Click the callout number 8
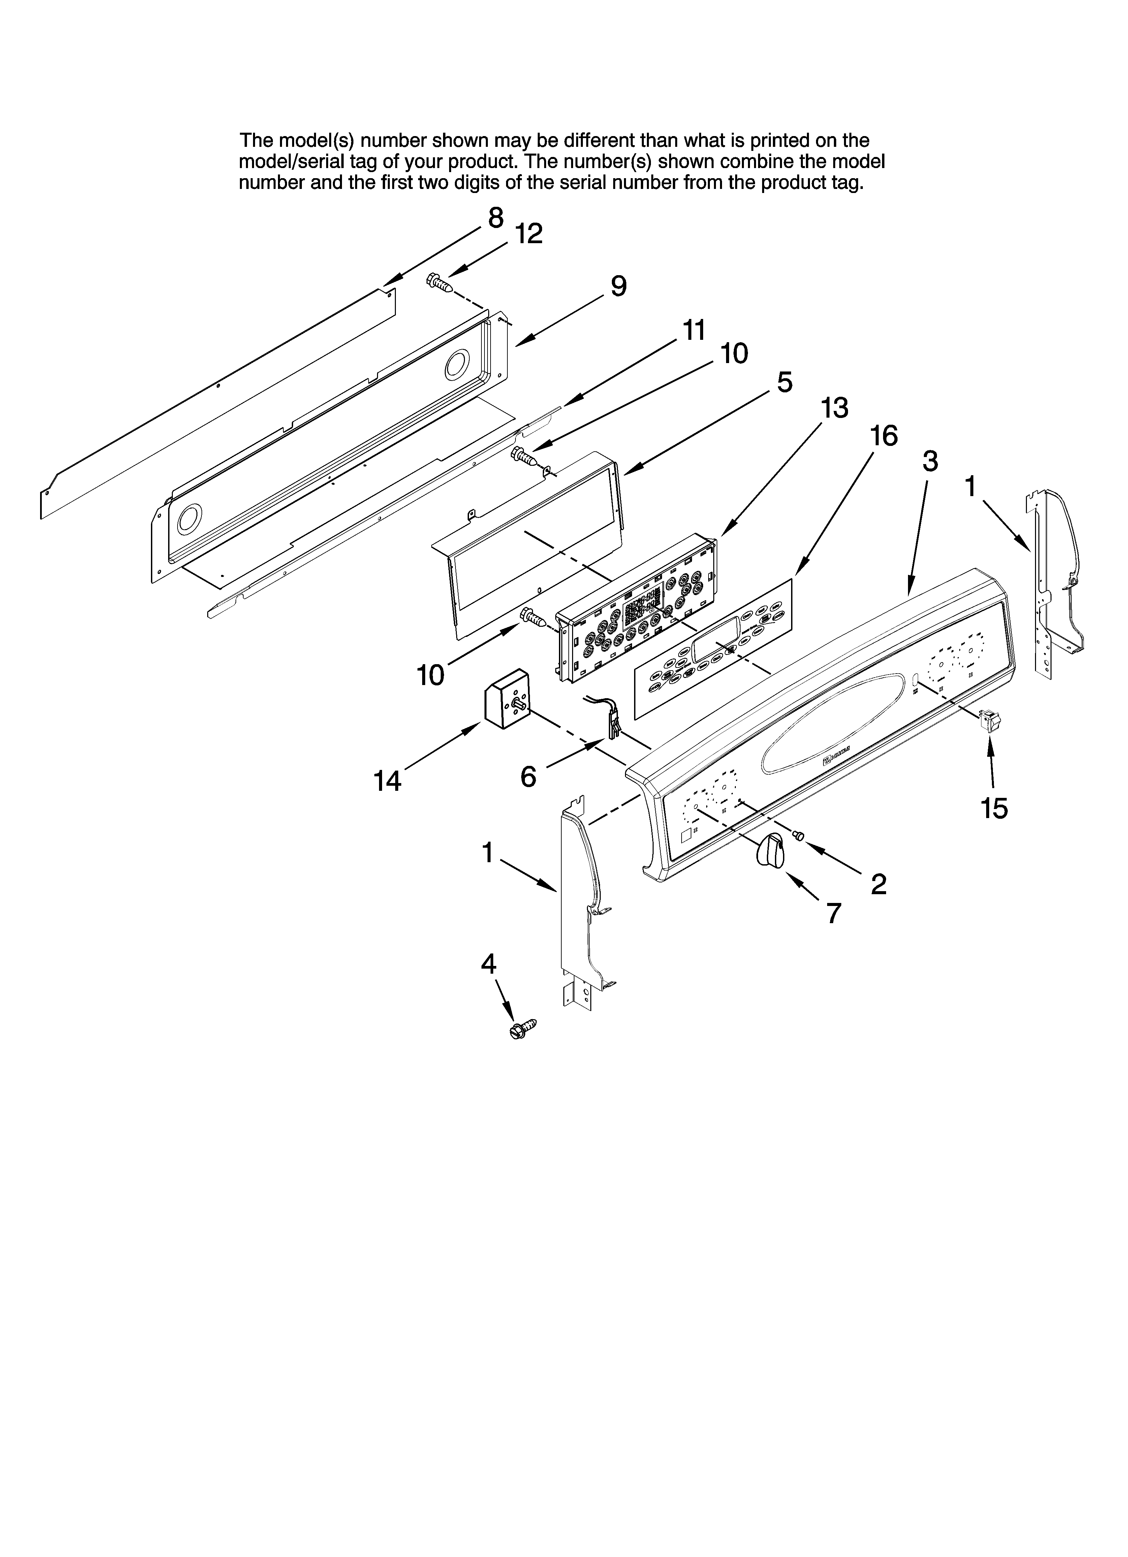tap(495, 218)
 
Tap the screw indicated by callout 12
tap(438, 282)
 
